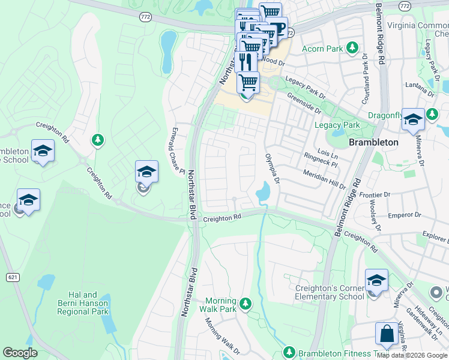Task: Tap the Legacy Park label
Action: (337, 125)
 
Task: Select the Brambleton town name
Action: (373, 142)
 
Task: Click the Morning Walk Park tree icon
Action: (245, 305)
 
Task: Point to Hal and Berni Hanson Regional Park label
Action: (83, 303)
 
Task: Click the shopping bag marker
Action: (386, 335)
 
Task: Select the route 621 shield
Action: (12, 277)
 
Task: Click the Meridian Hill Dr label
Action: (324, 179)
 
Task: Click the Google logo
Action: (20, 353)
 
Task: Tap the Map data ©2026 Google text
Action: (412, 355)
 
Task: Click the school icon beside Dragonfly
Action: (413, 119)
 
